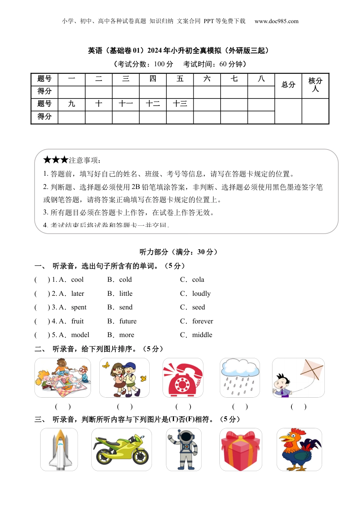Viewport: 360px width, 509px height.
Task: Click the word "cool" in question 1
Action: coord(77,280)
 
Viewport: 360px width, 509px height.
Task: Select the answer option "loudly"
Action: coord(201,294)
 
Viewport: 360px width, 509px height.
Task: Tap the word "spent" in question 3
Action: coord(79,307)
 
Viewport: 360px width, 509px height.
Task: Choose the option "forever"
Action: coord(202,321)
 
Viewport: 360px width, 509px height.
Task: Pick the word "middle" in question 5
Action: coord(202,335)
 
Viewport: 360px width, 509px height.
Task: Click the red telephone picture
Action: coord(183,378)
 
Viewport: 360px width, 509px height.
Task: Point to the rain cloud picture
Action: coord(240,378)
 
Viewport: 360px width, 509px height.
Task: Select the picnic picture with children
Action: coord(63,378)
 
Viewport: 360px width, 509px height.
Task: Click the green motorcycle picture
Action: coord(122,450)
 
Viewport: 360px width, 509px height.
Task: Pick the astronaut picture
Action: coord(184,450)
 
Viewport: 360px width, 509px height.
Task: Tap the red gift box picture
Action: coord(241,450)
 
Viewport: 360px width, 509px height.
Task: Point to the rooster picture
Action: coord(299,450)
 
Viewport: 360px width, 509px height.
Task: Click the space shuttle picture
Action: coord(59,450)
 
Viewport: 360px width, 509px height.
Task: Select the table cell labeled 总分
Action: coord(288,85)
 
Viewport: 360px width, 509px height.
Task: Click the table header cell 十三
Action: coord(180,104)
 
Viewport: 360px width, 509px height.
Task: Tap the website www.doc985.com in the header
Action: coord(276,21)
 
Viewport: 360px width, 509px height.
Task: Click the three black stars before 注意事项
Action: coord(55,160)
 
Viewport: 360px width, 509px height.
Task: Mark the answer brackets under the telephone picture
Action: coord(183,407)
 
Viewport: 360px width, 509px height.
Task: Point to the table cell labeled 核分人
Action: coord(315,85)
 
